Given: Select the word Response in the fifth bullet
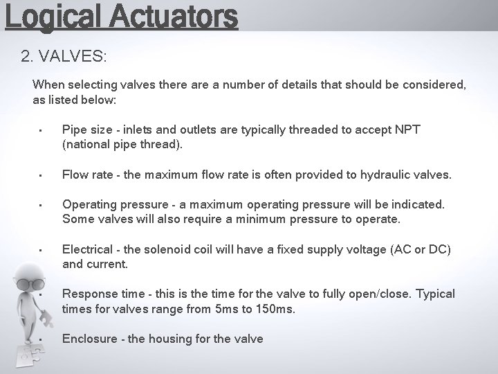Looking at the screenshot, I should (x=89, y=294).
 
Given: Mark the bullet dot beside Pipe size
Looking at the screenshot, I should (x=42, y=131).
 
